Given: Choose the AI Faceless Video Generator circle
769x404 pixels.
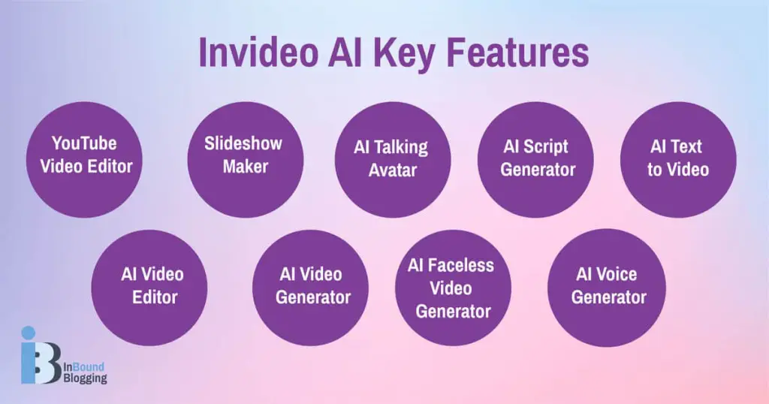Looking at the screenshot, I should point(453,288).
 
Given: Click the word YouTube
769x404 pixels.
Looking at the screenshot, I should point(84,143).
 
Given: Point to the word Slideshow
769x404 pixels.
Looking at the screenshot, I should point(245,144).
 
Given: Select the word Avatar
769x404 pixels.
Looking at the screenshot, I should point(391,170).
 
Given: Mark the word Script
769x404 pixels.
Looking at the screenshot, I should point(547,147).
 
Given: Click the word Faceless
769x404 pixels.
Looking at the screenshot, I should point(462,266).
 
